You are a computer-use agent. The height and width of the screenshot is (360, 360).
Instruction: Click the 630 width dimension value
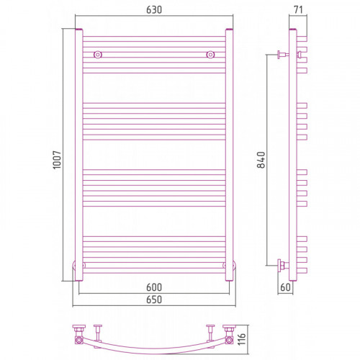pyautogui.click(x=154, y=10)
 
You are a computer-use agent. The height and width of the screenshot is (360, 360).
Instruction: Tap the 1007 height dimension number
pyautogui.click(x=57, y=160)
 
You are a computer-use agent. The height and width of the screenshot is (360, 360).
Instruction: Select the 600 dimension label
pyautogui.click(x=154, y=287)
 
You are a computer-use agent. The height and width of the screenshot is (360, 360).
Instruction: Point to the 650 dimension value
pyautogui.click(x=154, y=300)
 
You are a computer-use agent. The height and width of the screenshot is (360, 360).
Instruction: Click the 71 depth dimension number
pyautogui.click(x=298, y=10)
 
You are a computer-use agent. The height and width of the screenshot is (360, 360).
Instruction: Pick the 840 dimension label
pyautogui.click(x=261, y=160)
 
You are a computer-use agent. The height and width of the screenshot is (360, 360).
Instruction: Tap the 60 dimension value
pyautogui.click(x=285, y=287)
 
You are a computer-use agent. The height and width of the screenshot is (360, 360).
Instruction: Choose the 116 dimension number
pyautogui.click(x=242, y=339)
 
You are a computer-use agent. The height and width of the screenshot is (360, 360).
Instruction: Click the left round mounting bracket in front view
pyautogui.click(x=98, y=55)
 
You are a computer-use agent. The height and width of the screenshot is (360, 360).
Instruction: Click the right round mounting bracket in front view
pyautogui.click(x=210, y=55)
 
